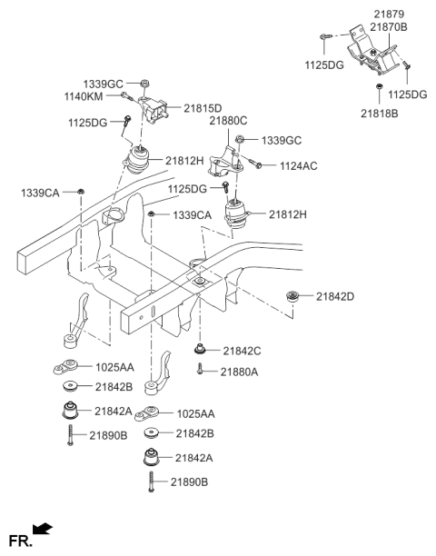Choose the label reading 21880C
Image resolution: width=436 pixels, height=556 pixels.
228,120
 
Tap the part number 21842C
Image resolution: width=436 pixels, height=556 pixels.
243,351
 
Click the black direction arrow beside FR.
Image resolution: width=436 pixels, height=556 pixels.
42,529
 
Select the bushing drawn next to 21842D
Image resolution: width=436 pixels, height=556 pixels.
293,295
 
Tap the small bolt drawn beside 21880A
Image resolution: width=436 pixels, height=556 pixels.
200,370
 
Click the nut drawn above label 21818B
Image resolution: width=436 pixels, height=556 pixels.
377,87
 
